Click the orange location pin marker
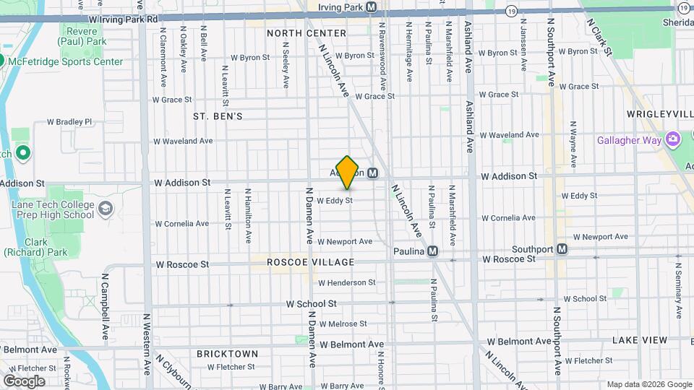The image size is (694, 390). click(x=348, y=172)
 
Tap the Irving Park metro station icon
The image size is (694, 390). click(x=372, y=7)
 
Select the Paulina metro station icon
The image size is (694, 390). click(x=432, y=251)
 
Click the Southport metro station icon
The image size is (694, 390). click(x=562, y=249)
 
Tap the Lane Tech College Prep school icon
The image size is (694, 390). click(x=106, y=209)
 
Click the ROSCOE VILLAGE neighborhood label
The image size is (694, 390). click(x=310, y=262)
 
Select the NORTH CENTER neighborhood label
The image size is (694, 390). click(x=307, y=33)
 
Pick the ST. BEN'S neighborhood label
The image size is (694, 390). click(x=218, y=116)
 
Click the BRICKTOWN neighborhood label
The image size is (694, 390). click(x=227, y=353)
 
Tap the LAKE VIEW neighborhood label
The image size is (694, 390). click(x=639, y=339)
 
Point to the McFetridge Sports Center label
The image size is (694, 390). click(x=66, y=62)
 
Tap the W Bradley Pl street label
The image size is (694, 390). click(x=74, y=122)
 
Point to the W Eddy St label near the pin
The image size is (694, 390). click(x=334, y=200)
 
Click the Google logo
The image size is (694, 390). click(x=24, y=381)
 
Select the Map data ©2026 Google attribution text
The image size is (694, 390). click(x=648, y=384)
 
